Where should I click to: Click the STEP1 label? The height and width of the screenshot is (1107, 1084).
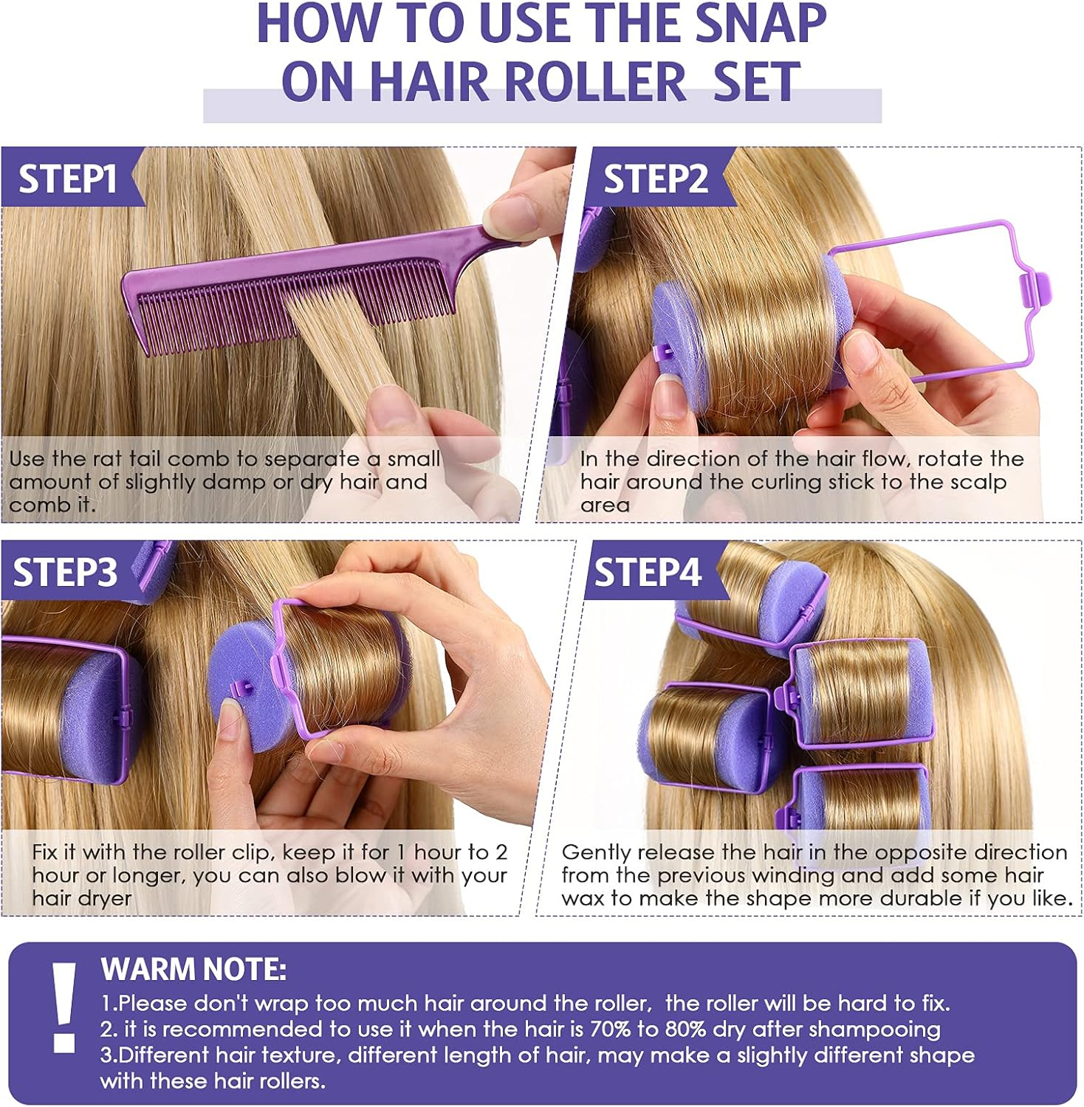[x=67, y=179]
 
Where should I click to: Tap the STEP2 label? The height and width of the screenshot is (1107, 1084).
[x=655, y=179]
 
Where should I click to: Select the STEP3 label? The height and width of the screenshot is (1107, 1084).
[x=65, y=572]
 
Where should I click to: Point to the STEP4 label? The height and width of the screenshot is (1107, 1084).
[x=648, y=572]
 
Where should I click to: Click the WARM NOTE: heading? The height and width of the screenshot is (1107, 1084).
[x=193, y=969]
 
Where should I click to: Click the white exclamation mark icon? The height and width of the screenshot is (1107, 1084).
[x=64, y=1007]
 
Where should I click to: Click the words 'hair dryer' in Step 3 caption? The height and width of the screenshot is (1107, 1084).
[x=82, y=898]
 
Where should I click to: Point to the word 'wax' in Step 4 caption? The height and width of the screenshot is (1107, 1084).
[x=585, y=898]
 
